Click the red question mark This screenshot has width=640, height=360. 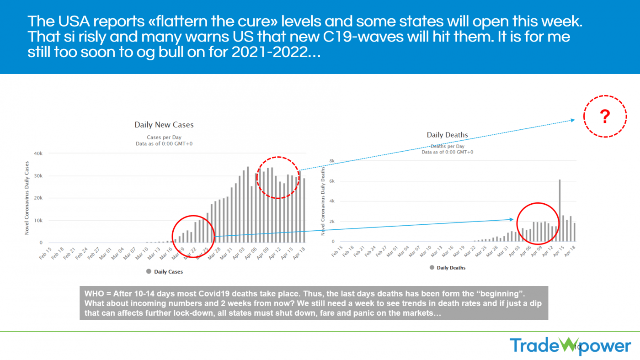pyautogui.click(x=605, y=116)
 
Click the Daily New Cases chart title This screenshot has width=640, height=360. pyautogui.click(x=164, y=125)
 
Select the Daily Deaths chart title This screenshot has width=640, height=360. pyautogui.click(x=447, y=135)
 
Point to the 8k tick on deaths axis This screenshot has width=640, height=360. pyautogui.click(x=332, y=161)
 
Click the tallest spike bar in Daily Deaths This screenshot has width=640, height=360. pyautogui.click(x=560, y=210)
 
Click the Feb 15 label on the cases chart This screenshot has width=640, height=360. pyautogui.click(x=45, y=254)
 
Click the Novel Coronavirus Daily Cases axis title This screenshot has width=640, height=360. pyautogui.click(x=27, y=198)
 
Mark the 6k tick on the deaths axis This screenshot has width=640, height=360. pyautogui.click(x=332, y=181)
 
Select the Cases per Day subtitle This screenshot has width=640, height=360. pyautogui.click(x=164, y=137)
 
